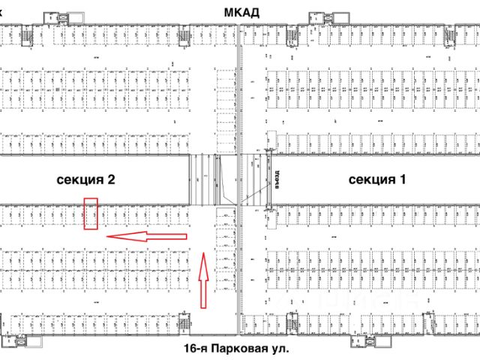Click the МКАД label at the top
point(242,12)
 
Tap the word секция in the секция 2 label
point(82,179)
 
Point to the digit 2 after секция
point(111,179)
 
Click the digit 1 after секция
point(402,179)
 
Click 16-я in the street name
point(196,349)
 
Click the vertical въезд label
point(275,179)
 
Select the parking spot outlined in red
point(91,214)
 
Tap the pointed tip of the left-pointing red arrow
point(107,236)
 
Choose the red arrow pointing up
point(202,280)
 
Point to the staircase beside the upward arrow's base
point(183,324)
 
